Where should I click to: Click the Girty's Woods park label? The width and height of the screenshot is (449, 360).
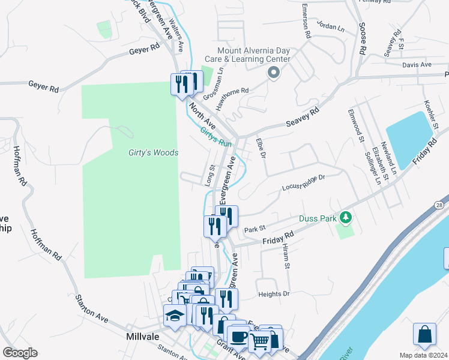[153, 153]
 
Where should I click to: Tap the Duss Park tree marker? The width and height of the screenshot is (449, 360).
[345, 216]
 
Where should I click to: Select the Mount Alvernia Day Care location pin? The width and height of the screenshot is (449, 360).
[274, 73]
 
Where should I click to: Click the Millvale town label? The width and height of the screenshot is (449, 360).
[142, 337]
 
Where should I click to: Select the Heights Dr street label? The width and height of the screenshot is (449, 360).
[274, 294]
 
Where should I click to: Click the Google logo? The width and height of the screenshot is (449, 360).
[20, 353]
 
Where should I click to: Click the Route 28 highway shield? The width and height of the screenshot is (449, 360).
[440, 205]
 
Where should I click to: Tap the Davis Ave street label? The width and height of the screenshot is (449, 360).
[417, 65]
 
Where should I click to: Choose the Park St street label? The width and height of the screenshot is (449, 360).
[255, 229]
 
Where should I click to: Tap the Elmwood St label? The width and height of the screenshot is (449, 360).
[354, 126]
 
